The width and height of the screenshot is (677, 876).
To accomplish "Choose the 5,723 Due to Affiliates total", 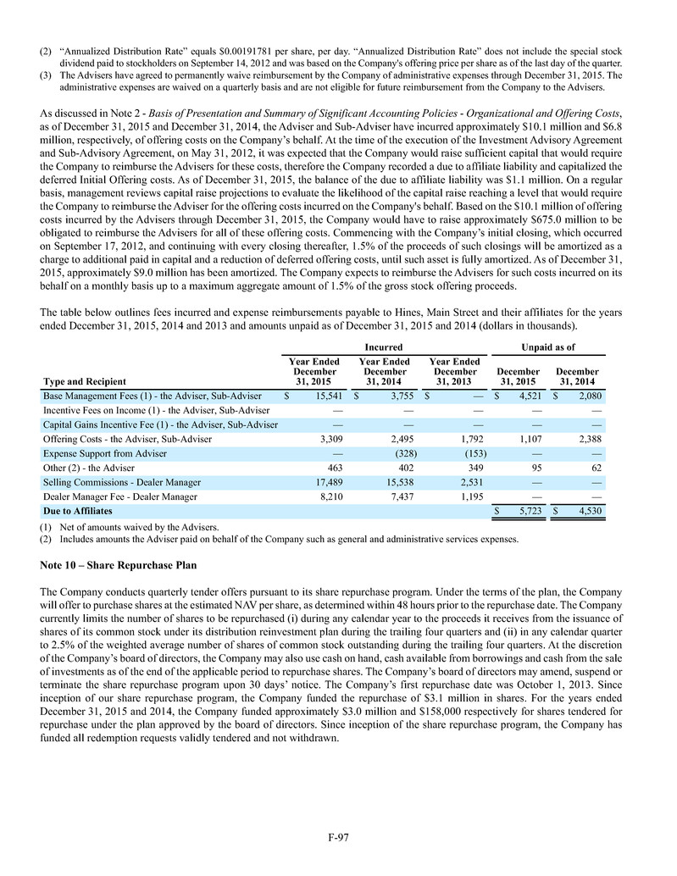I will pyautogui.click(x=524, y=512).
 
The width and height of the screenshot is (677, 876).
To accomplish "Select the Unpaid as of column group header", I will pyautogui.click(x=548, y=347).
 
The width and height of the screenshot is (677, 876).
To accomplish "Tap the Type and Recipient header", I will pyautogui.click(x=84, y=382).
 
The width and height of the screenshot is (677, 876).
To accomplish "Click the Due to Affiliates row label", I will pyautogui.click(x=77, y=512).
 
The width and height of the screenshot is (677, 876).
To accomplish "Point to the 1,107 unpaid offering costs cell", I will pyautogui.click(x=524, y=439).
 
